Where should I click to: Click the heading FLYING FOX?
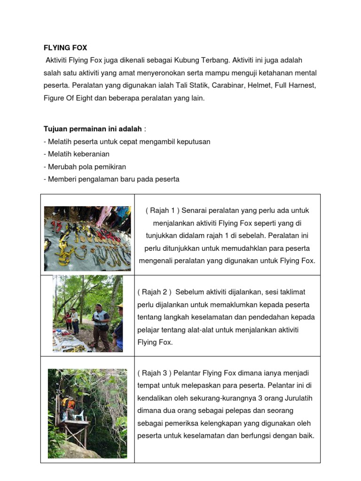tap(65, 48)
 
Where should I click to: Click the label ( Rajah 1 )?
tap(162, 210)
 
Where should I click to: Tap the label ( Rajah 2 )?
tap(155, 292)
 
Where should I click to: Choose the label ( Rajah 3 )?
tap(155, 373)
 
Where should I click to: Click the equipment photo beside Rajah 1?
tap(87, 238)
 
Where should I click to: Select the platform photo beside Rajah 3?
tap(87, 413)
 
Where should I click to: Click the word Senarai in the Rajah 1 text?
tap(194, 210)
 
